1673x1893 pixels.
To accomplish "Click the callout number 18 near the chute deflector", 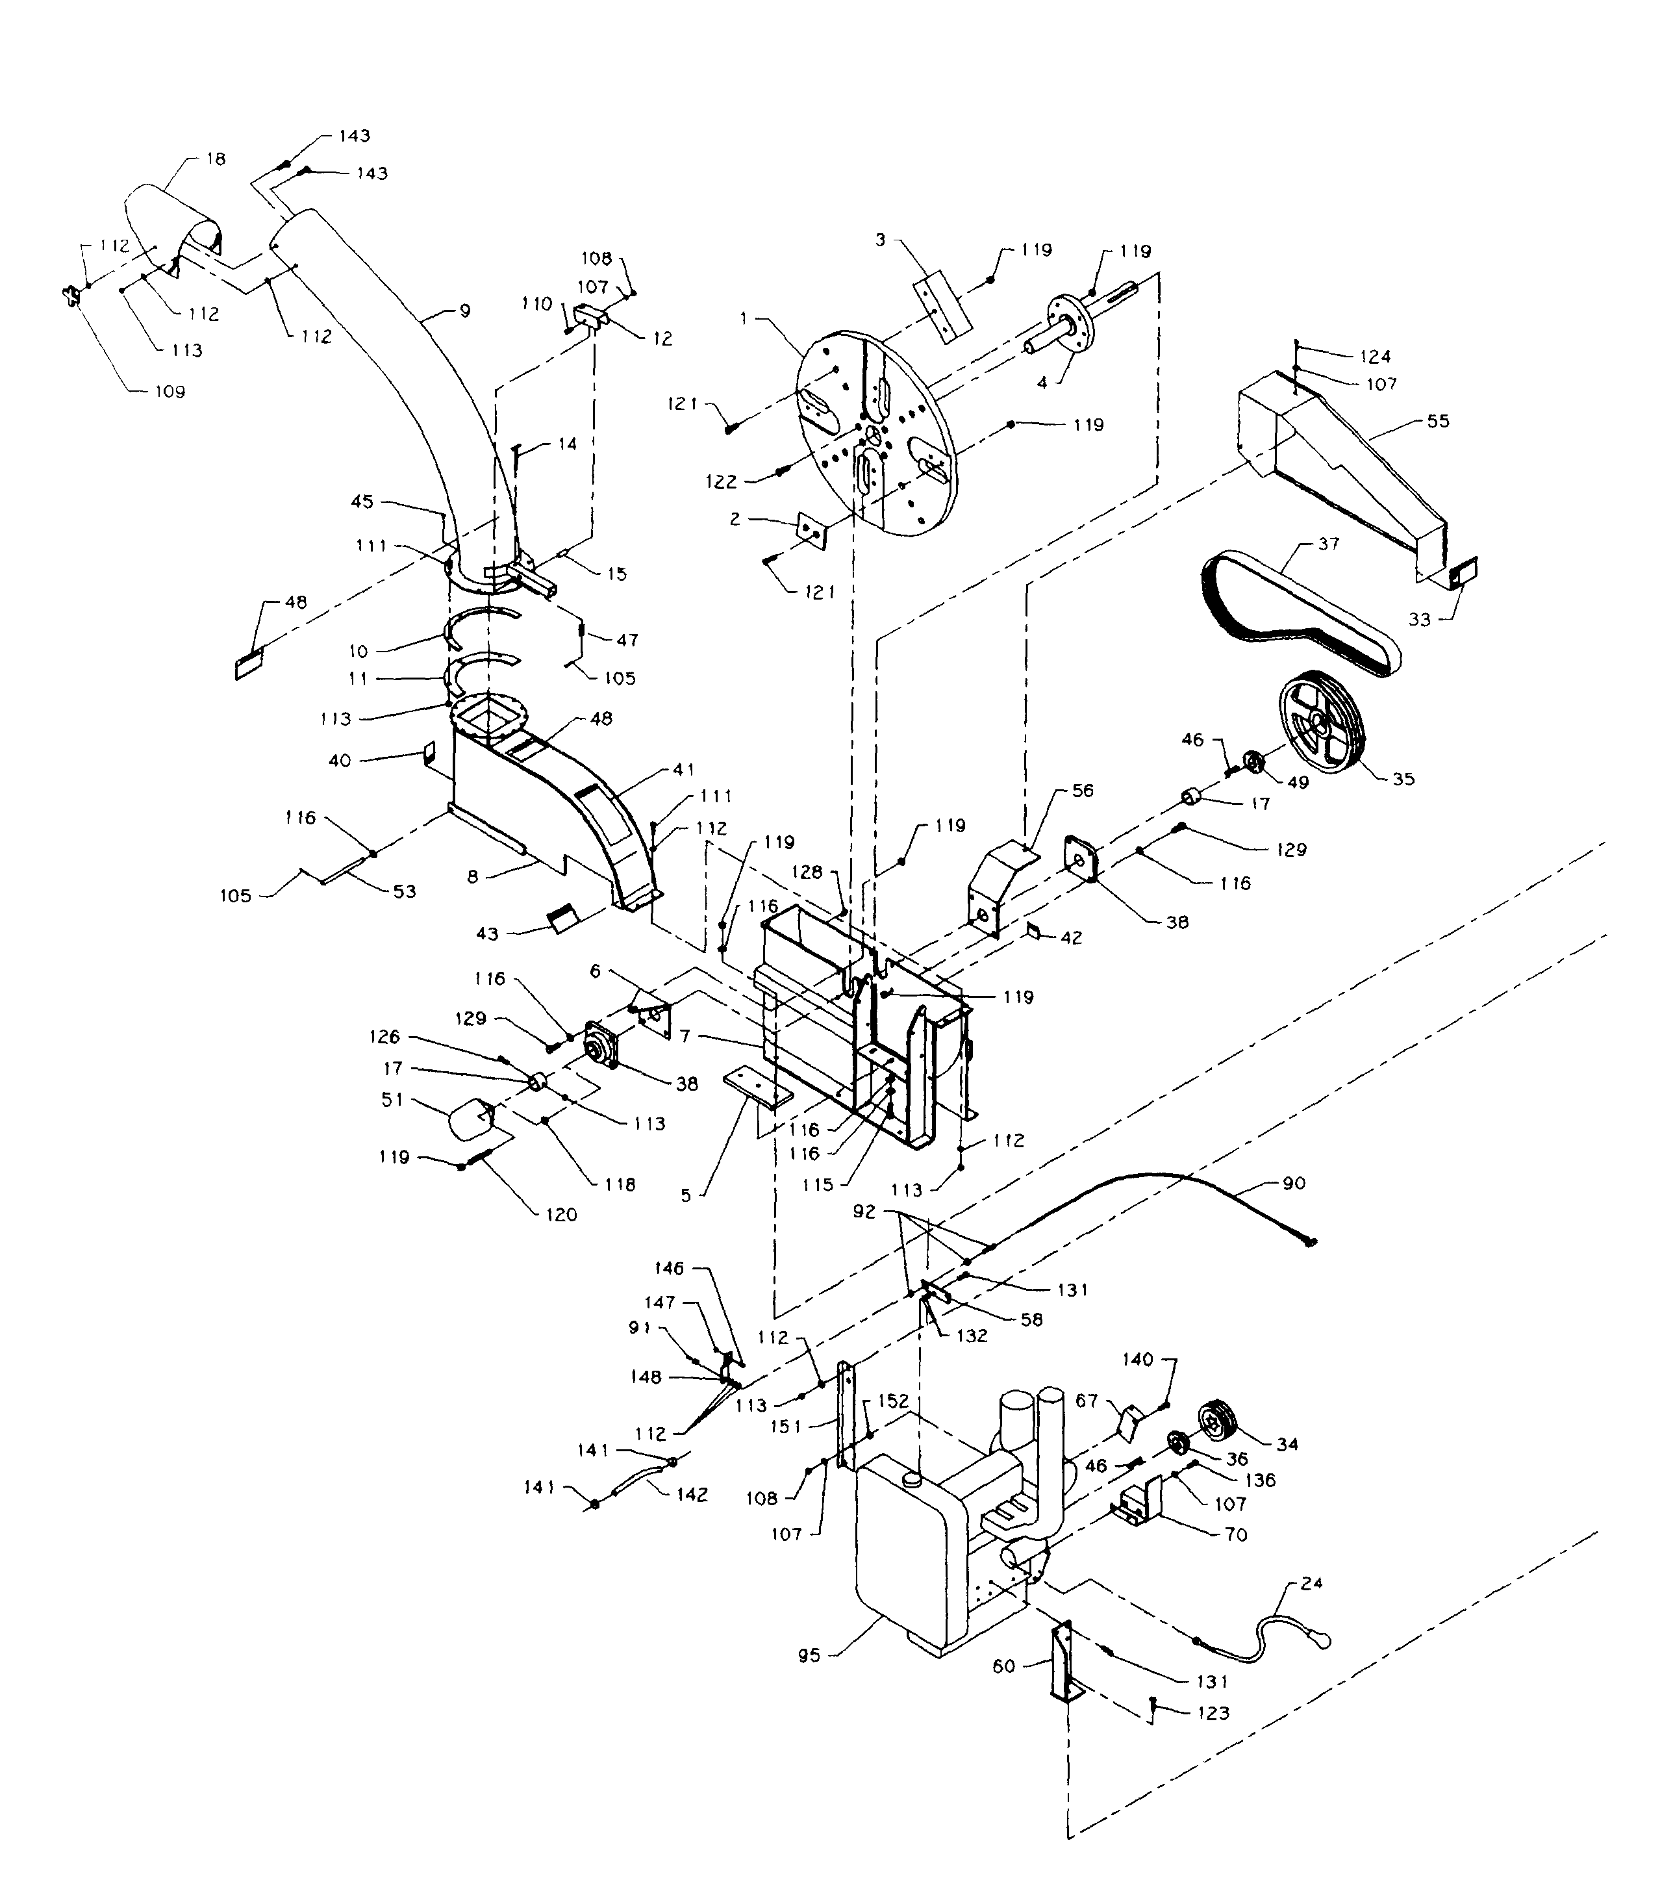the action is pos(216,159).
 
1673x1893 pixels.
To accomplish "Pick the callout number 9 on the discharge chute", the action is pos(465,311).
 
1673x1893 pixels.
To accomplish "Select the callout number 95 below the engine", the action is pos(809,1655).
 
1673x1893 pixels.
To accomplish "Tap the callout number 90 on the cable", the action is pos(1294,1183).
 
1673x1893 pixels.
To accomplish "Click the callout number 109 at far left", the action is pos(170,392).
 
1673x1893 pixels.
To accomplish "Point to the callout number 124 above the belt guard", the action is pos(1375,357).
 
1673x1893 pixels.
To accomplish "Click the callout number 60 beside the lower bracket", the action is pos(1003,1692).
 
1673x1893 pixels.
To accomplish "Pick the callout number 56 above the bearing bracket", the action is pos(1082,790).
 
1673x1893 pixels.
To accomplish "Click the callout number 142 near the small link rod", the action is pos(692,1494).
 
